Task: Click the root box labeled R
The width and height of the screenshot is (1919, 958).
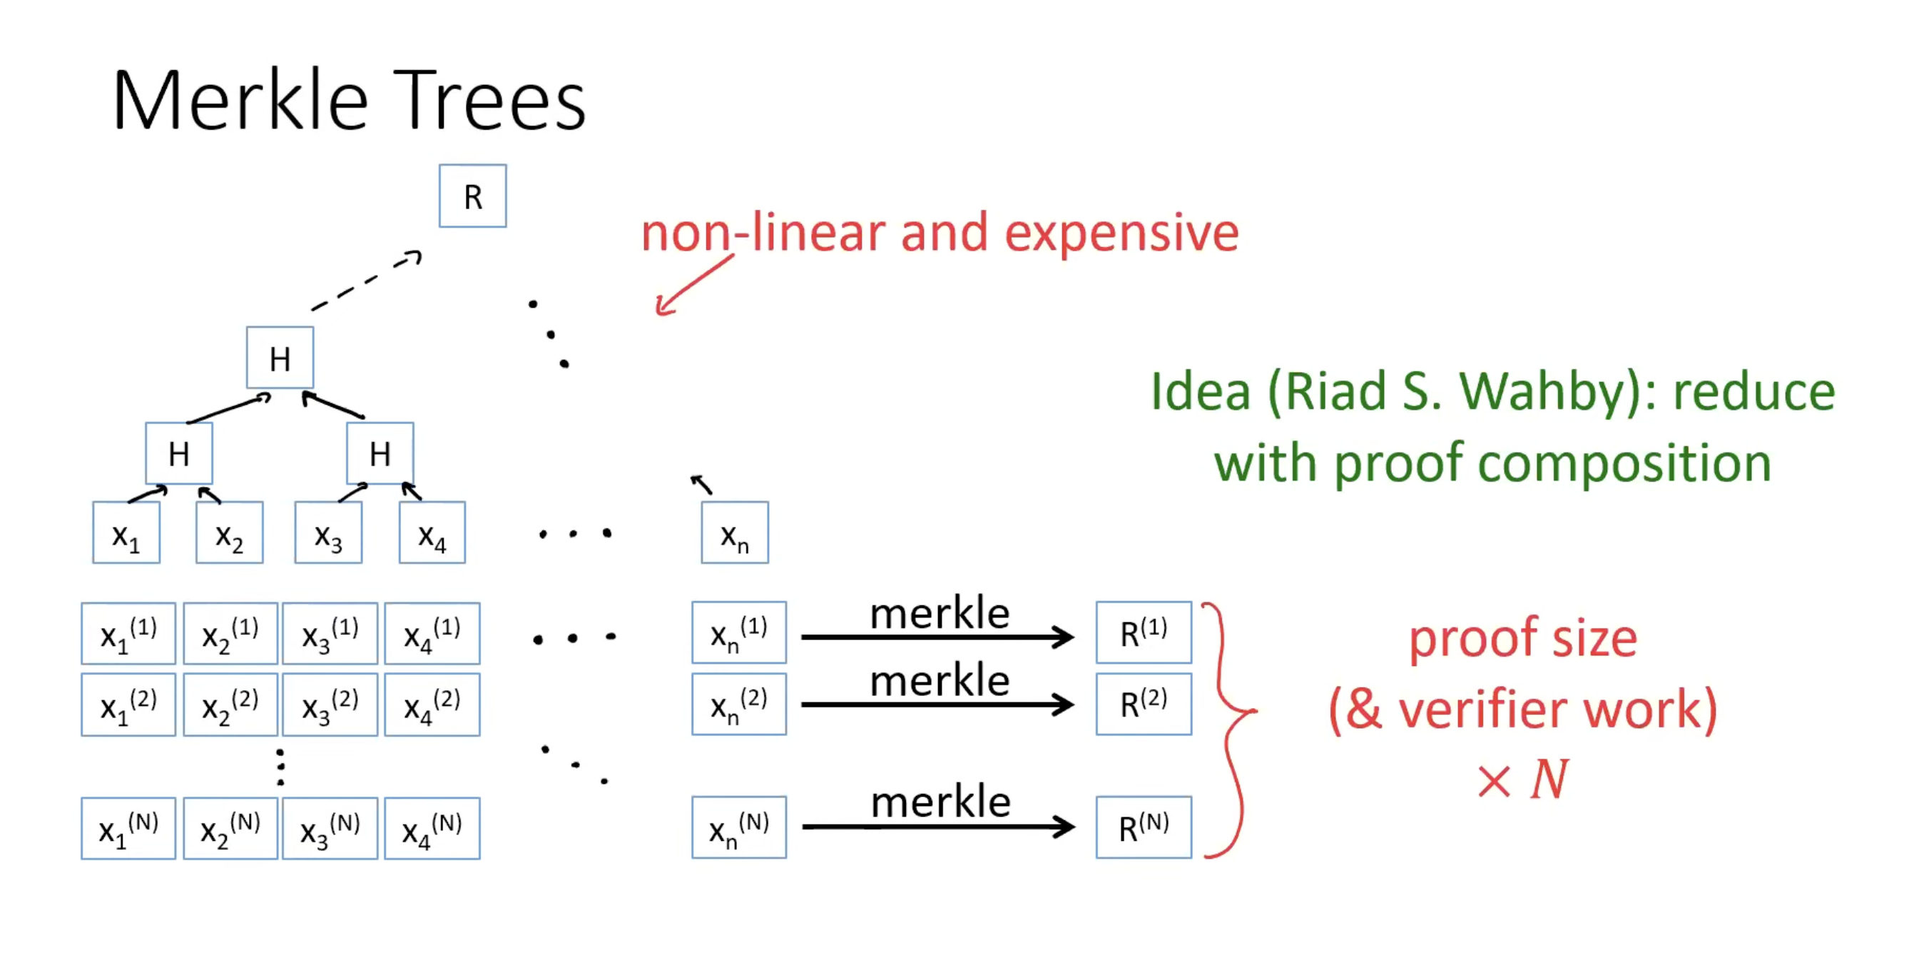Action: coord(472,196)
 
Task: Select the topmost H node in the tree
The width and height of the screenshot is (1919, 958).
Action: coord(280,358)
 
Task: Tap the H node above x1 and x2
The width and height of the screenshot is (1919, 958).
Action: coord(179,453)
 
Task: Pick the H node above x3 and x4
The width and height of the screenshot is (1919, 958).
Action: coord(380,453)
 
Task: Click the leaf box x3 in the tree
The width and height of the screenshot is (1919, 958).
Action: coord(329,533)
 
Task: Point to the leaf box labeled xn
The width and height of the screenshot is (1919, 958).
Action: coord(735,533)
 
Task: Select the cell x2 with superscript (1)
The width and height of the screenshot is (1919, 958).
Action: coord(230,634)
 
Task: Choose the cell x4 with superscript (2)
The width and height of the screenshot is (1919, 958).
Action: coord(432,705)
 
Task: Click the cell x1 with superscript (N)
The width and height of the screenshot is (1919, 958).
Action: coord(128,828)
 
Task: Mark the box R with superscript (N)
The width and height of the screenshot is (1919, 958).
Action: coord(1144,827)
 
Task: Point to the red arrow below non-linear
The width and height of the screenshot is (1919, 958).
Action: coord(693,286)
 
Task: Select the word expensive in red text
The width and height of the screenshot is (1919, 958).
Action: coord(1121,233)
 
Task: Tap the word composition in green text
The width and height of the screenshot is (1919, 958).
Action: coord(1624,464)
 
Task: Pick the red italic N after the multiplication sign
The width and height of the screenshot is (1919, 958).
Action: coord(1549,779)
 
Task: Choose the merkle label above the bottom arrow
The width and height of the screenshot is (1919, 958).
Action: coord(940,802)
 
